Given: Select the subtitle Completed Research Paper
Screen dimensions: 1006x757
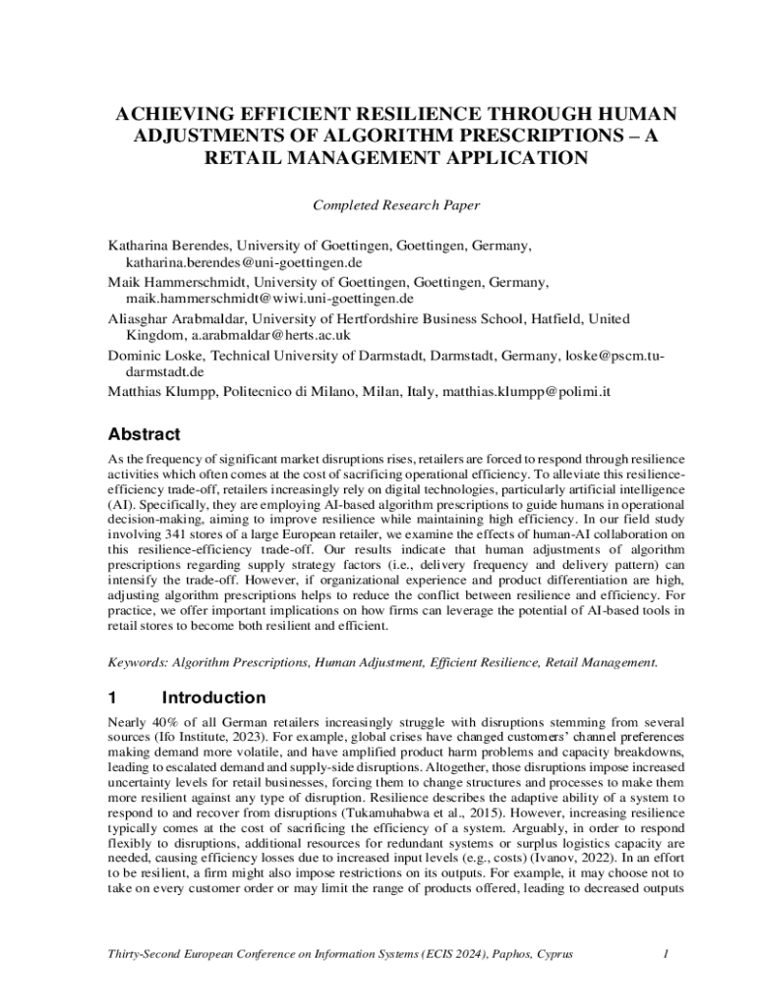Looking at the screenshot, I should coord(395,205).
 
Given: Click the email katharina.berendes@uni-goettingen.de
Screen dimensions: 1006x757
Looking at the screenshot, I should coord(243,263).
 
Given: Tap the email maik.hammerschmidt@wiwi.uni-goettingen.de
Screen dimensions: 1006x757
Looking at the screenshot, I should coord(269,298).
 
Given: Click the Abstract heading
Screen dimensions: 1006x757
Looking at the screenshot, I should coord(144,434).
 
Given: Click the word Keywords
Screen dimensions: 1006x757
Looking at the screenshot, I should coord(138,662).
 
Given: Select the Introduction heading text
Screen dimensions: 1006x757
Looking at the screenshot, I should coord(213,699).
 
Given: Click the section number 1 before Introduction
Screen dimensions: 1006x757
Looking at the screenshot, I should coord(113,699).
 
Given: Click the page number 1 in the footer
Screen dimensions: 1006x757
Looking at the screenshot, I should coord(666,953).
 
